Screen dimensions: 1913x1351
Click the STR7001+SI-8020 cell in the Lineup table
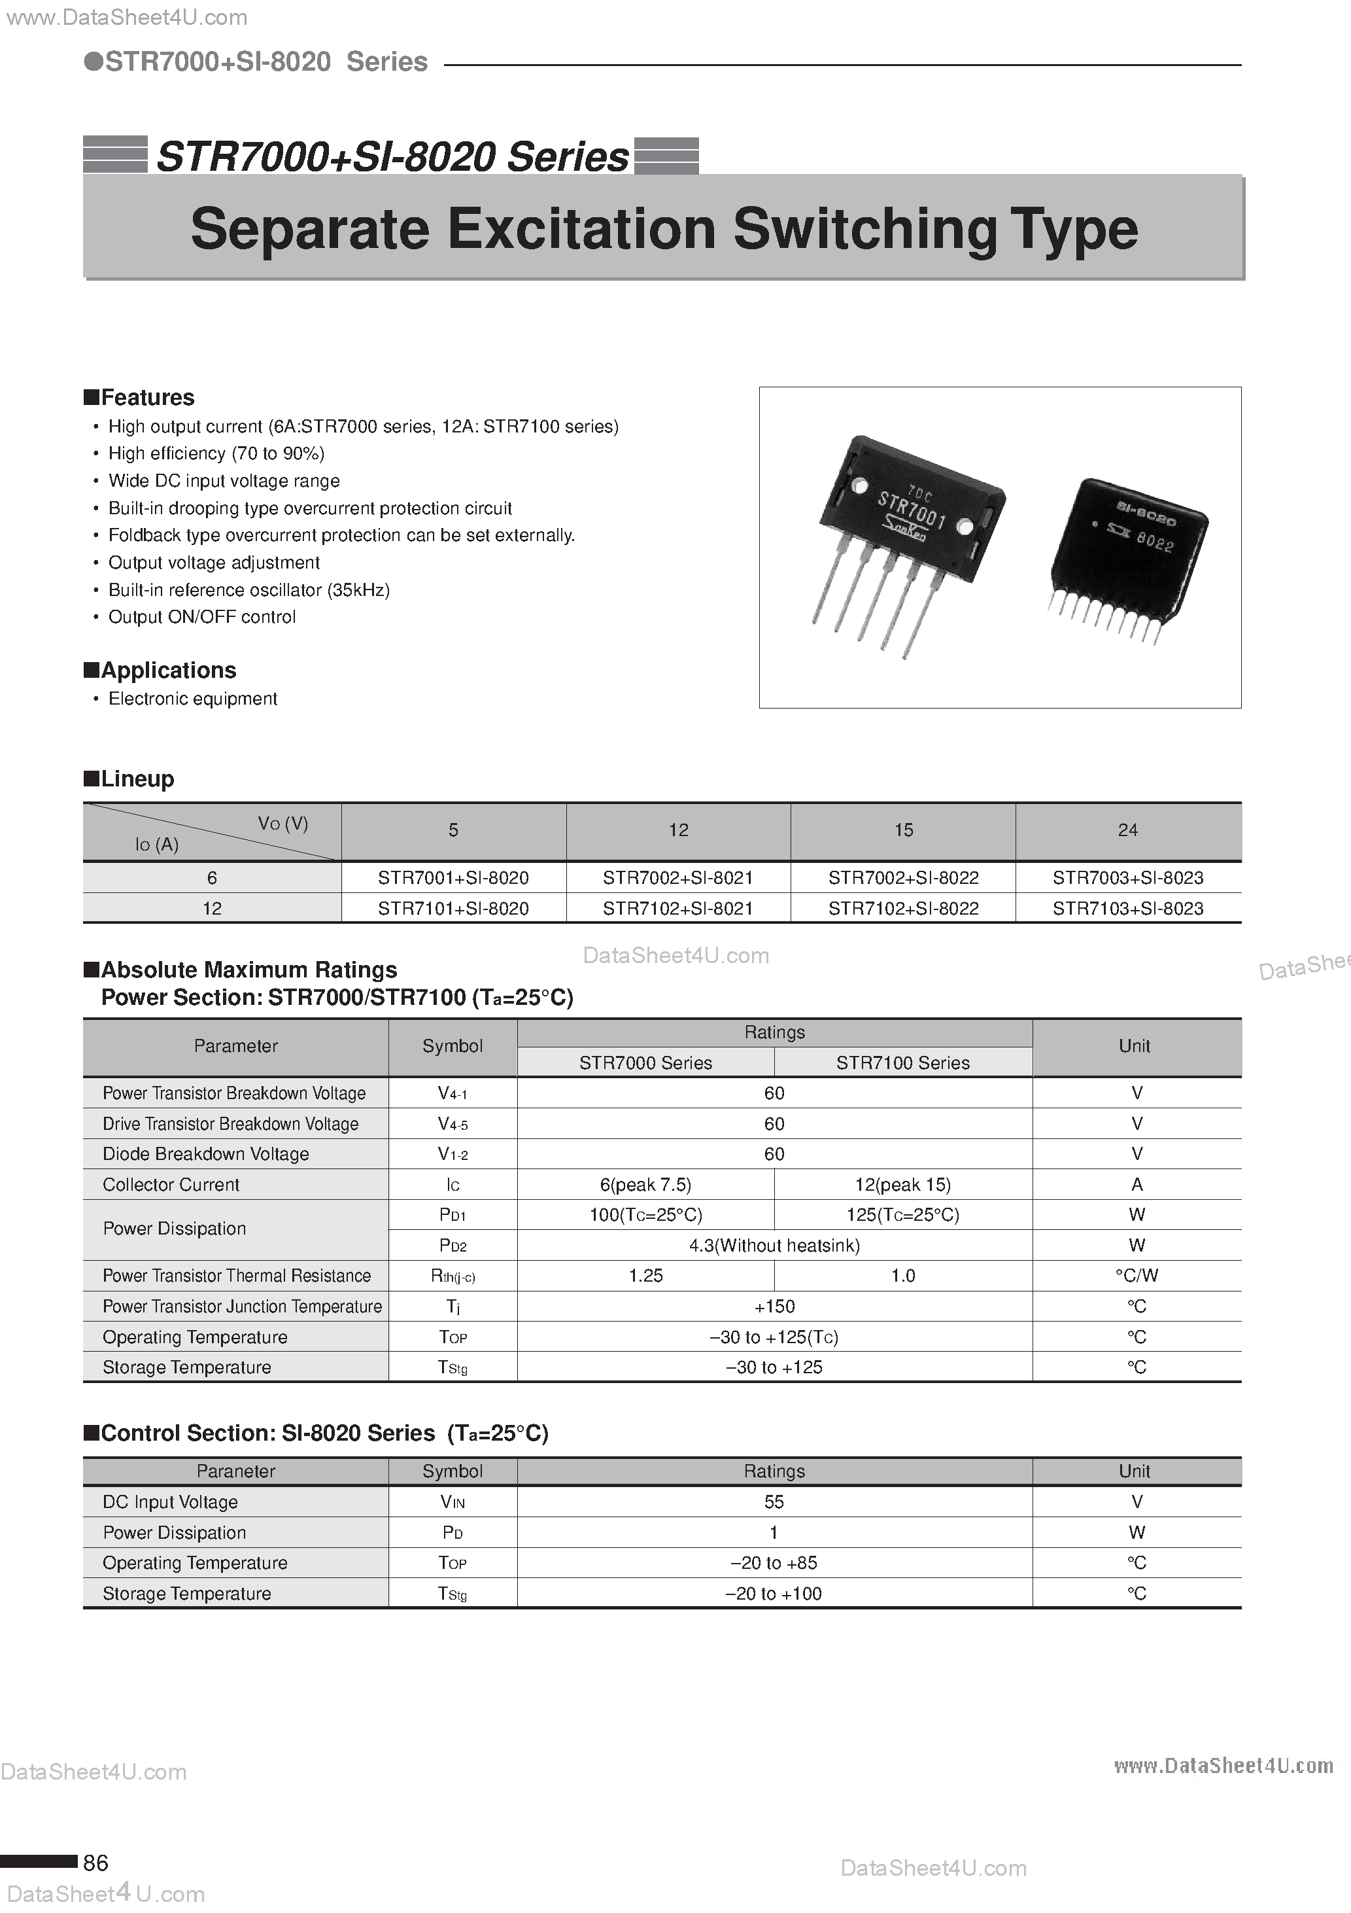coord(453,877)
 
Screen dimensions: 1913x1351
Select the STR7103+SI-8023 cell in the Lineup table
coord(1128,908)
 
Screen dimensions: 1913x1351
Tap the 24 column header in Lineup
coord(1128,830)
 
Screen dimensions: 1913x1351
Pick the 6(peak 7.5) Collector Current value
coord(645,1185)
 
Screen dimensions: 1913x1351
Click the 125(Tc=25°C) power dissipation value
coord(903,1215)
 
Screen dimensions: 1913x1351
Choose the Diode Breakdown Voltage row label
coord(206,1154)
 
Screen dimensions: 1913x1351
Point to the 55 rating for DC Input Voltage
coord(774,1501)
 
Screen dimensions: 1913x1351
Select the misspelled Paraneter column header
coord(235,1471)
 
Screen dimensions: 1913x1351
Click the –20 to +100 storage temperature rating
coord(774,1593)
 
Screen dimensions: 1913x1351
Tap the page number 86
coord(95,1862)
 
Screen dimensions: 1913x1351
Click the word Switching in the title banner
coord(864,228)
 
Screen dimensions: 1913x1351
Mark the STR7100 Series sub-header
coord(903,1063)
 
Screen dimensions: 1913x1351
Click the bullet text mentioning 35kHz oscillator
coord(249,590)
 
